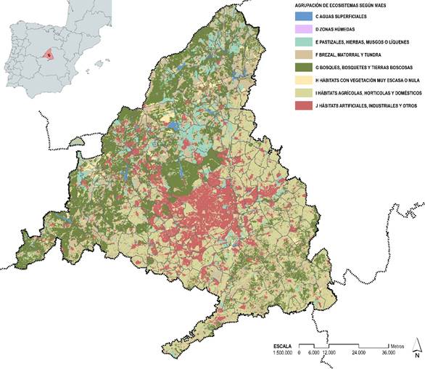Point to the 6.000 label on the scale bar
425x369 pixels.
[313, 354]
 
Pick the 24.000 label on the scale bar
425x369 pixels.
[358, 354]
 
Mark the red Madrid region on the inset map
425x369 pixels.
[48, 54]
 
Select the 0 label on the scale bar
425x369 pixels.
[300, 354]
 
